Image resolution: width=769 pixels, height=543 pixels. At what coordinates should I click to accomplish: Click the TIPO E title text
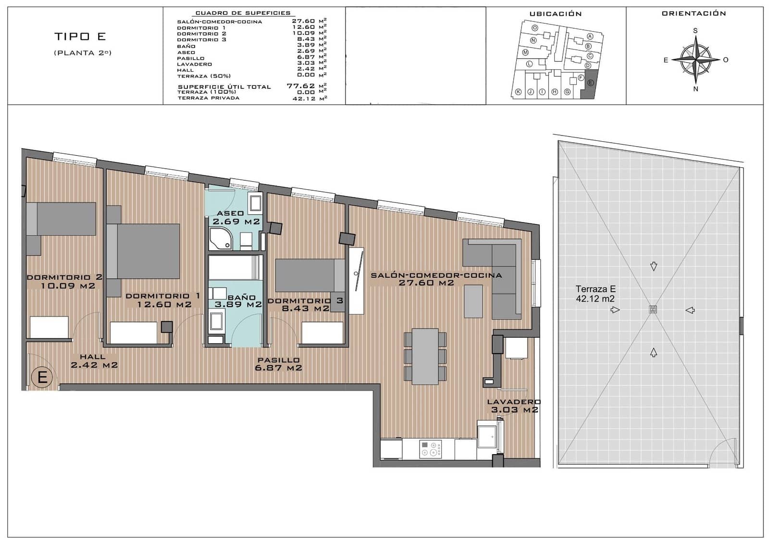(80, 37)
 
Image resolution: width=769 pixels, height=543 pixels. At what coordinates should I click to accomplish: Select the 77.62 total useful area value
(300, 86)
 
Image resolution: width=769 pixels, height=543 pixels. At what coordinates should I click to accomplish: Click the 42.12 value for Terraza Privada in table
(303, 98)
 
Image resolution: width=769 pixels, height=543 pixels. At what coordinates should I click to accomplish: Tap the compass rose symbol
(695, 60)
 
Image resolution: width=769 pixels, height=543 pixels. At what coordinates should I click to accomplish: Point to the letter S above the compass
(695, 31)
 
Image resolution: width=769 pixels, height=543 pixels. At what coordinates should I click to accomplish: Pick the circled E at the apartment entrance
(42, 377)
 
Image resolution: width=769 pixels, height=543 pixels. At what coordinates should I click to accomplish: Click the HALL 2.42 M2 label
(94, 361)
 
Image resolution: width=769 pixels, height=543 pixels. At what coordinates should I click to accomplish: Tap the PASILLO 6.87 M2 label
(279, 364)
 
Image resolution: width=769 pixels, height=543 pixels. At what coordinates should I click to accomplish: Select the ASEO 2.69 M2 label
(236, 217)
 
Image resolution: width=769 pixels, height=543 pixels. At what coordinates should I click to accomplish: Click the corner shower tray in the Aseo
(220, 239)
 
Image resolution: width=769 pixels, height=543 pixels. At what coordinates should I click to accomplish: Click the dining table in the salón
(425, 356)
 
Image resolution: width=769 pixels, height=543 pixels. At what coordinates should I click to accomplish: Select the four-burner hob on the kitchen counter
(430, 449)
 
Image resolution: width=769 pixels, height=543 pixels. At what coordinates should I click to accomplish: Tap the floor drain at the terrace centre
(653, 309)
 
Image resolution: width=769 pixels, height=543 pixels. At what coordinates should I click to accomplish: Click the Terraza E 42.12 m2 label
(595, 294)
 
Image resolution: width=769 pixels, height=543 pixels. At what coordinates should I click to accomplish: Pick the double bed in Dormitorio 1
(143, 251)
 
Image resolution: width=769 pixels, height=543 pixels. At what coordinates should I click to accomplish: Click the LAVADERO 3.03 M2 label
(514, 406)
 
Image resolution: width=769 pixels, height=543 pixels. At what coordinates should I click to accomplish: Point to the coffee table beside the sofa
(473, 301)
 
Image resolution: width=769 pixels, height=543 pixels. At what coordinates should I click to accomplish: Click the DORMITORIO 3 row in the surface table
(201, 40)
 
